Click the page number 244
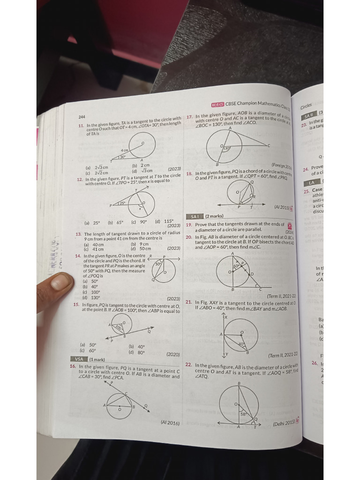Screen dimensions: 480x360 81,117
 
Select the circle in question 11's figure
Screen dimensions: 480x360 142,146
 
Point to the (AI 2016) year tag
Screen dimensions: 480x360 170,423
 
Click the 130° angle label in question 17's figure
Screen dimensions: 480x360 227,148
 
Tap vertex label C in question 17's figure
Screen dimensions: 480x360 269,146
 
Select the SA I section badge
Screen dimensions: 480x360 195,216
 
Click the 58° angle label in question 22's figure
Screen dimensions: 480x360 243,414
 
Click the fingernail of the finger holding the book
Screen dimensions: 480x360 60,282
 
